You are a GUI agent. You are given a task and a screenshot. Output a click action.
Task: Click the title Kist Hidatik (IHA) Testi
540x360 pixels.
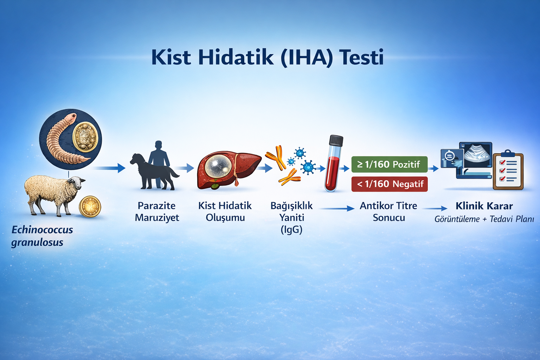[267, 57]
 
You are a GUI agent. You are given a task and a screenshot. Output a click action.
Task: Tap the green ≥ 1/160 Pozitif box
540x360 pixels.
[389, 165]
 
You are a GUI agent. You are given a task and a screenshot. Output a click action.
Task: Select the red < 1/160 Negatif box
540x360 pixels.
[390, 184]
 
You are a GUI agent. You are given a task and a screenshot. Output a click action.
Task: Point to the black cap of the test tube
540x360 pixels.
[336, 141]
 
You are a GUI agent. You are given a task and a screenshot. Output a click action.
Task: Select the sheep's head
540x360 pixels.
[77, 182]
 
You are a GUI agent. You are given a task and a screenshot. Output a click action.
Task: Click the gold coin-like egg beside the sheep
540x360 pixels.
[90, 206]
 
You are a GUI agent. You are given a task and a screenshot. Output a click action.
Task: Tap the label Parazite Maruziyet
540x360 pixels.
[157, 212]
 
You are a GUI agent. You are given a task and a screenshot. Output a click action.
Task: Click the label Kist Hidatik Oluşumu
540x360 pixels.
[225, 212]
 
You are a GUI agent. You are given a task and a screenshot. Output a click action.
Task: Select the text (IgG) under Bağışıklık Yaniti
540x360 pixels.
[291, 230]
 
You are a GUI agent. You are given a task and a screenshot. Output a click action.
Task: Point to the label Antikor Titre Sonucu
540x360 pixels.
[388, 212]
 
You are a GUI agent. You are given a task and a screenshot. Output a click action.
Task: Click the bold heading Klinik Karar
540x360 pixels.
[484, 206]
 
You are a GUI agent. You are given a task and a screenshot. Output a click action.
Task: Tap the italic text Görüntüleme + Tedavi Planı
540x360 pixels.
[484, 219]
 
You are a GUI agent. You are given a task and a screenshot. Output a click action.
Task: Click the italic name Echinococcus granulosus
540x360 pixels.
[42, 236]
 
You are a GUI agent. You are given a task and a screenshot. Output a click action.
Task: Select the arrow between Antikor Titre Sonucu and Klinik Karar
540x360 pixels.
[435, 209]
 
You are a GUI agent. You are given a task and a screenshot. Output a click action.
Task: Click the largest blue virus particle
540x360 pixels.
[308, 167]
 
